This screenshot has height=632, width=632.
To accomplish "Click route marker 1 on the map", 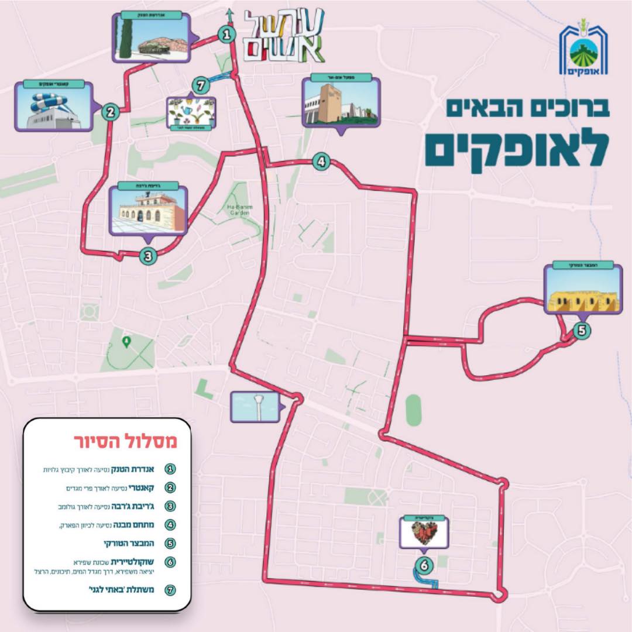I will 226,35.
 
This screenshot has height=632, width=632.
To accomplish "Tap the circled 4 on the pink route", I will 320,161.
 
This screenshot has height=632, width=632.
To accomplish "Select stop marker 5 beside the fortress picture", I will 581,331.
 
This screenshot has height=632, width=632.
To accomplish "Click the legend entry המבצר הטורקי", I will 132,542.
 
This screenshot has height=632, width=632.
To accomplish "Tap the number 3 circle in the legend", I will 170,506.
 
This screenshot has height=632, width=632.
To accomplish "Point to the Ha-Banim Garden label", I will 238,209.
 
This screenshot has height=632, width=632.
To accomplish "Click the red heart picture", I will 425,533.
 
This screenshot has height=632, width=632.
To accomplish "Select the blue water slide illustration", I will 51,107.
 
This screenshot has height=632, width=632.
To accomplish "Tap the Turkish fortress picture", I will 581,295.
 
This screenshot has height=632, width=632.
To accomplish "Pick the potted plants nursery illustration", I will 190,112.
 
